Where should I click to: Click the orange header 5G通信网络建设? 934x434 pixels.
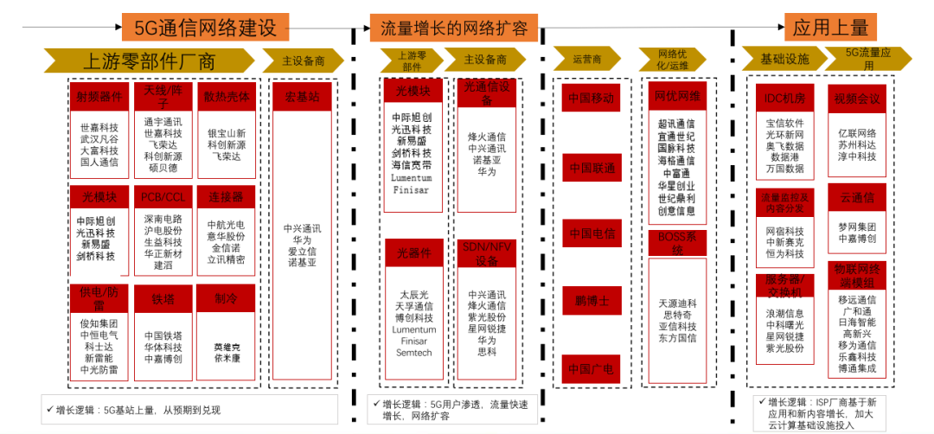coord(204,28)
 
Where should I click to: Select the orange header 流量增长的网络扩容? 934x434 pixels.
coord(453,28)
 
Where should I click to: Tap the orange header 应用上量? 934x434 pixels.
coord(831,28)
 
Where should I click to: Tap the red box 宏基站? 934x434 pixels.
coord(303,95)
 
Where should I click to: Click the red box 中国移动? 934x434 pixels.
coord(591,98)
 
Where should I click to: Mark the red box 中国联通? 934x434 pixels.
coord(591,167)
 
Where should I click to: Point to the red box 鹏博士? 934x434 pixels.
coord(591,301)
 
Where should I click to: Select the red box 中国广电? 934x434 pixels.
coord(591,369)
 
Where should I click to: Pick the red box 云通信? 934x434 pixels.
coord(857,198)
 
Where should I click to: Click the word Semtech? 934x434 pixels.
coord(413,353)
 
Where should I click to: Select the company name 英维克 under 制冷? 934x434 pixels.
coord(226,346)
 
